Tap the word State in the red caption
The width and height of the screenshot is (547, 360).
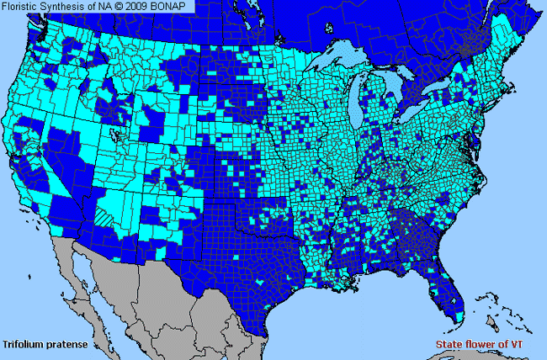tap(450, 345)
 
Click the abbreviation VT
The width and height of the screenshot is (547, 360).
tap(527, 345)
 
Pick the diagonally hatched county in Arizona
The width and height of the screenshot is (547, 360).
tap(108, 215)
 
